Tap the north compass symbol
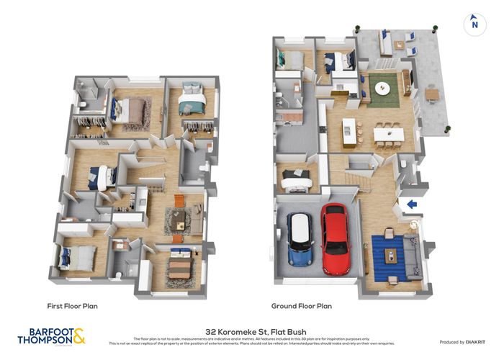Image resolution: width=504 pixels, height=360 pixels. click(x=473, y=24)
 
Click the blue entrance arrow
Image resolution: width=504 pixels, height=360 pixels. click(x=412, y=204)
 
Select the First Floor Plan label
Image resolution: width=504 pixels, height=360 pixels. click(x=72, y=305)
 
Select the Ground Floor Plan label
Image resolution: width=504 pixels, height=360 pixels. click(x=301, y=305)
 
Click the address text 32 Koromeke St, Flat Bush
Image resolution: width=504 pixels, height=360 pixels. click(x=251, y=325)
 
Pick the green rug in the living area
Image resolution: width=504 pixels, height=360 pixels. click(x=383, y=89)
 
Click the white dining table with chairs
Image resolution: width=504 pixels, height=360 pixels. click(x=388, y=134)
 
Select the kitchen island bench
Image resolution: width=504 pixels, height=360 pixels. click(x=350, y=132)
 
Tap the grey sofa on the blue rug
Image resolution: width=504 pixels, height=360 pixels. click(x=414, y=258)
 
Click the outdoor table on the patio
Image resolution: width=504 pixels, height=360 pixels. click(x=432, y=94)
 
